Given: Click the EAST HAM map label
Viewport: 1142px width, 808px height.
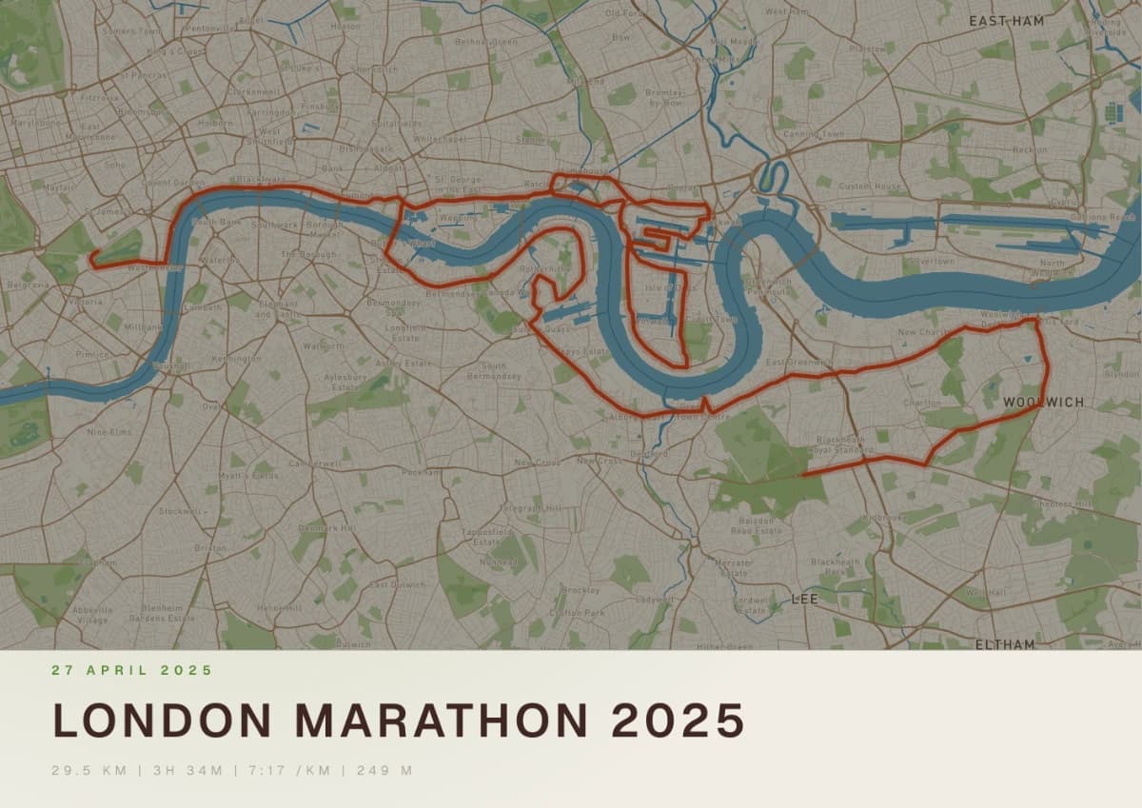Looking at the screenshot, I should pos(1006,20).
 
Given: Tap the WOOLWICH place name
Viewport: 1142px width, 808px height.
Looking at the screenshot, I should pos(1043,403).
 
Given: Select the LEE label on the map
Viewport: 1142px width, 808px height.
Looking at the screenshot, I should pos(804,600).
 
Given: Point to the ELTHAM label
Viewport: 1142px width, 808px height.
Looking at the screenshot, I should pos(1004,644).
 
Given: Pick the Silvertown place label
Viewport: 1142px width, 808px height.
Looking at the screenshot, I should pos(931,261).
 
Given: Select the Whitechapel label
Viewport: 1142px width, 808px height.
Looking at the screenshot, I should pos(441,139).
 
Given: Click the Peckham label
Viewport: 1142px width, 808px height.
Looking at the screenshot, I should pos(421,472).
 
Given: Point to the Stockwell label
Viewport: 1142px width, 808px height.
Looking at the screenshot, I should pos(181,511).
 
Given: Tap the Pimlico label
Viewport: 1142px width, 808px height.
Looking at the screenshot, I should pos(93,354).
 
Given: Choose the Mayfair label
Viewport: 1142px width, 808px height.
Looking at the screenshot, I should pos(58,187).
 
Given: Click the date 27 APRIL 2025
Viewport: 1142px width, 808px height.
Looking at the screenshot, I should pos(132,670).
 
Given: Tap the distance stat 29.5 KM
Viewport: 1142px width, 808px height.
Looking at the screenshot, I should pos(89,770).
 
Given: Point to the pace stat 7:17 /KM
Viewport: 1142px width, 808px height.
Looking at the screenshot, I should pos(287,770).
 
